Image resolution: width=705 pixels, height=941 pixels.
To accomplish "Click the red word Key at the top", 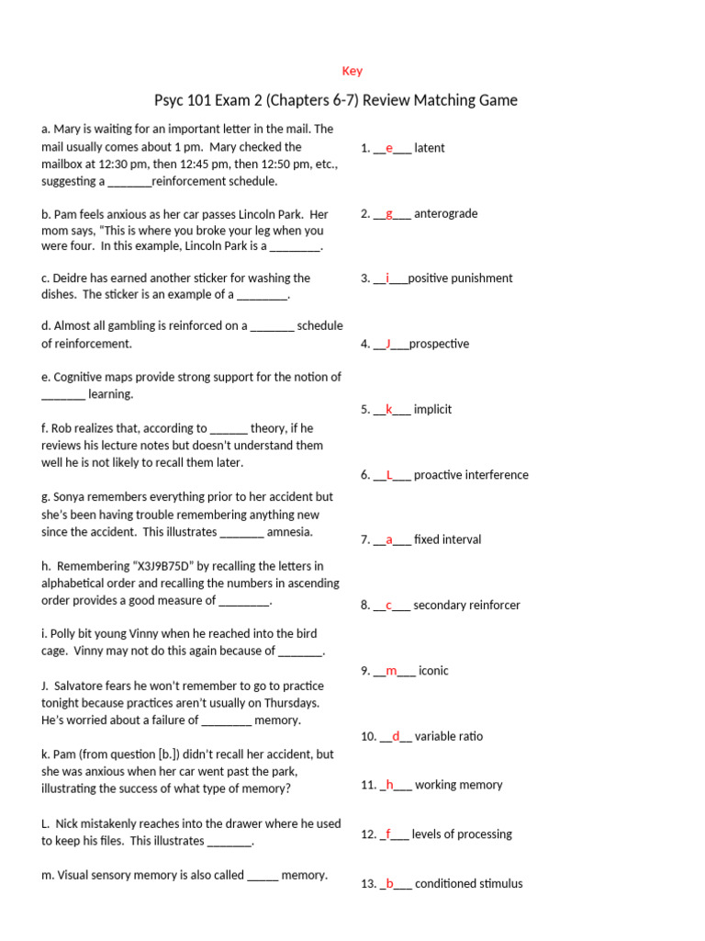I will tap(352, 71).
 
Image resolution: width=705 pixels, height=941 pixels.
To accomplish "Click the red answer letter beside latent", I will tap(389, 148).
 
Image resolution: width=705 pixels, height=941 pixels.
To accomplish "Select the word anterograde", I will tap(445, 213).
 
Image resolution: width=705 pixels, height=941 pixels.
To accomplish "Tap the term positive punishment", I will tap(460, 278).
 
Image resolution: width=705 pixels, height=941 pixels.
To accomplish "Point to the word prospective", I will tap(439, 344).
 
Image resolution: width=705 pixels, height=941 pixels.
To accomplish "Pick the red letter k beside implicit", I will tap(389, 409).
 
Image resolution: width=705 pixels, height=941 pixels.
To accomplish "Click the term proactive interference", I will tap(471, 475).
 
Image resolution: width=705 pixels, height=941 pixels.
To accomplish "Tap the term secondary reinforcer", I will tap(466, 605).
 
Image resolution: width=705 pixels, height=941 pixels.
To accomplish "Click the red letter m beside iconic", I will tap(391, 671).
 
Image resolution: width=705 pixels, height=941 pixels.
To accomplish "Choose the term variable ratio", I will tap(448, 736).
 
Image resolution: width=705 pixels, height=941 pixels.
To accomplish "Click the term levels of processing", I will tap(462, 834).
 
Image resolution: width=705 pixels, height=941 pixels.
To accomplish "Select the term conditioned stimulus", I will tap(468, 884).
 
